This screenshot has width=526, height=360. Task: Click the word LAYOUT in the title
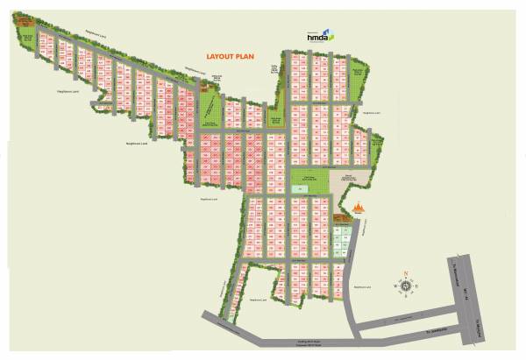pos(217,54)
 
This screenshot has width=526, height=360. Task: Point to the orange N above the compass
pos(407,272)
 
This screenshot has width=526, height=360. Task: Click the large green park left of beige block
pos(311,184)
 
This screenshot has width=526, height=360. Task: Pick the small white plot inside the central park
pos(298,188)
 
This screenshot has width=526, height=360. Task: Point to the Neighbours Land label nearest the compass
pos(364,286)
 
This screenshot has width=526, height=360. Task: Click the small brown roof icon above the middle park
pos(216,81)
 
